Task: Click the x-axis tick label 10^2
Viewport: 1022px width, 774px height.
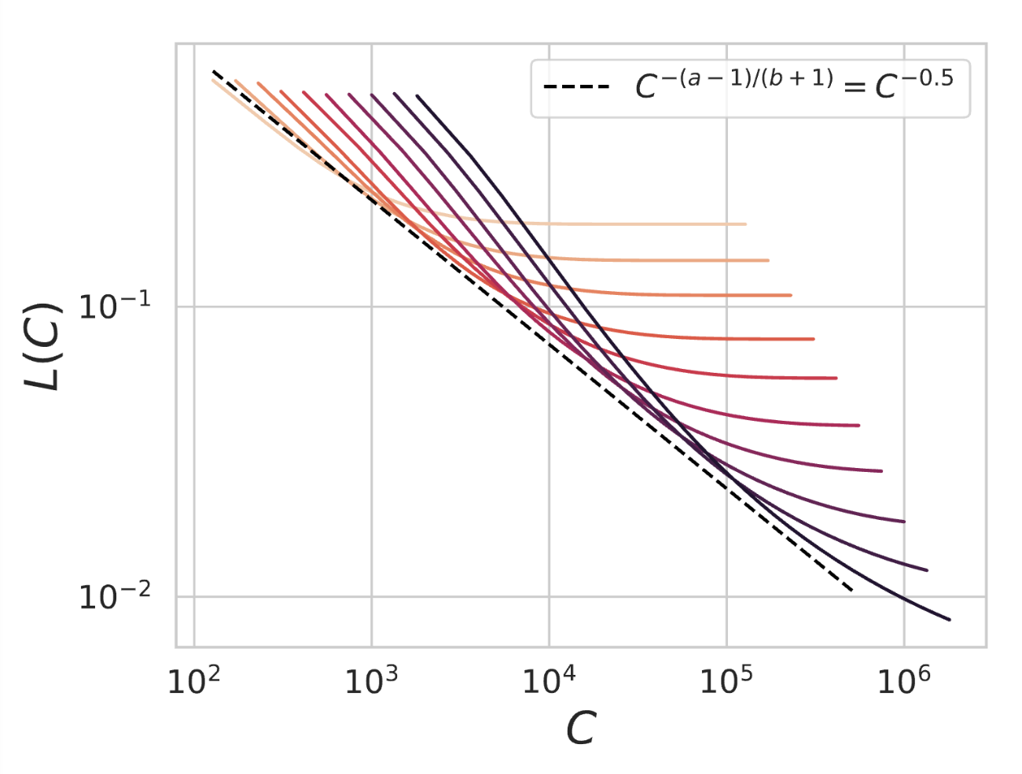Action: click(x=193, y=682)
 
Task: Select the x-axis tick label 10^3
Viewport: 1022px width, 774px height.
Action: click(x=370, y=682)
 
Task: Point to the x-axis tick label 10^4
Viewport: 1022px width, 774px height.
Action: click(x=548, y=682)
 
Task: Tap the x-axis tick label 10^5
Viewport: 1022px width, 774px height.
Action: click(x=726, y=682)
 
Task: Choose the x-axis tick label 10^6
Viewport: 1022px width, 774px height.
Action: click(x=903, y=682)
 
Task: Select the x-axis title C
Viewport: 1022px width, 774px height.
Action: click(x=580, y=730)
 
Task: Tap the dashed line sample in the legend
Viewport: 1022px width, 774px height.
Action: click(x=576, y=86)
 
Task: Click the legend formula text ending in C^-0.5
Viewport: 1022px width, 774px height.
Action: click(x=794, y=85)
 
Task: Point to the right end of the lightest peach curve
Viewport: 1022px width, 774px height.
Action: click(x=745, y=224)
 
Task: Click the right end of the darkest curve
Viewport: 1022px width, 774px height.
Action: click(x=950, y=620)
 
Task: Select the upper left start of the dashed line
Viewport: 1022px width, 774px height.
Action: click(x=213, y=72)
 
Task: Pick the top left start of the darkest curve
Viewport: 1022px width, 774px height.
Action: click(x=417, y=96)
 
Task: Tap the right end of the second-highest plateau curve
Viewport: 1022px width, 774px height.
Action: click(x=768, y=260)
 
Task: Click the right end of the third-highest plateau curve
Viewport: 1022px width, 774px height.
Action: click(x=791, y=295)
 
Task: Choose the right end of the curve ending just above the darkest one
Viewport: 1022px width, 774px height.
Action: click(x=928, y=570)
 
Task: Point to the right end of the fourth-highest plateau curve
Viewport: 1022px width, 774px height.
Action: click(x=814, y=339)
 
